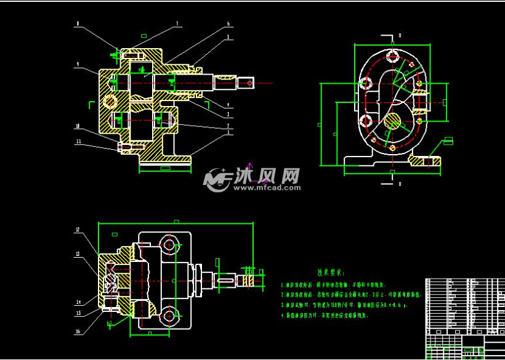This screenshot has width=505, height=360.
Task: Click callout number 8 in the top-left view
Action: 78,24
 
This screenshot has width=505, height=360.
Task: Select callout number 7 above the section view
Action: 177,24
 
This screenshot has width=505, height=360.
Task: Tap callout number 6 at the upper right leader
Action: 228,24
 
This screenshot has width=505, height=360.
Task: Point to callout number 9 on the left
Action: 78,64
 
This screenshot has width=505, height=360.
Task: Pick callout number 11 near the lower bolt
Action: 78,141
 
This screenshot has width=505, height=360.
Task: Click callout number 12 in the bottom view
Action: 78,230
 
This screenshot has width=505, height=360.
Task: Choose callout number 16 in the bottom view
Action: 78,331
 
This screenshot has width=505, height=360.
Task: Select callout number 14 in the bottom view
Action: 78,303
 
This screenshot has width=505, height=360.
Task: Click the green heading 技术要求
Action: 331,272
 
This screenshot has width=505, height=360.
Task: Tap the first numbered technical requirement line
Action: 333,285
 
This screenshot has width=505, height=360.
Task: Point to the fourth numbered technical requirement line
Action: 324,315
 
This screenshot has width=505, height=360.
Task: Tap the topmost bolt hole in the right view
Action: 392,57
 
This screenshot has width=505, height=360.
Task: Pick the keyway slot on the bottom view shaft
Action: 225,282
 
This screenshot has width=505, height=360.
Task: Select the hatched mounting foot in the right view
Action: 426,162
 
